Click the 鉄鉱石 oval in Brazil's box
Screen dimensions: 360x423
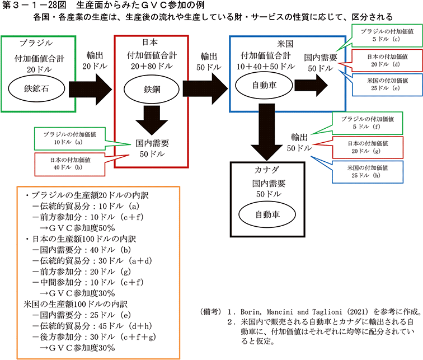click(x=36, y=88)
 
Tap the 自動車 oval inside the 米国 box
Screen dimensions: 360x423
click(x=261, y=86)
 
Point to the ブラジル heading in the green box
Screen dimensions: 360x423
click(x=36, y=43)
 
